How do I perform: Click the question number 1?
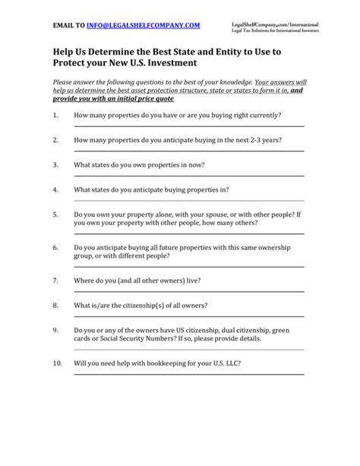point(56,116)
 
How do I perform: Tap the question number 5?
point(56,215)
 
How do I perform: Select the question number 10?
point(58,363)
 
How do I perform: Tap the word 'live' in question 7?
point(192,281)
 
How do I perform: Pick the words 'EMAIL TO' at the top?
point(68,25)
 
